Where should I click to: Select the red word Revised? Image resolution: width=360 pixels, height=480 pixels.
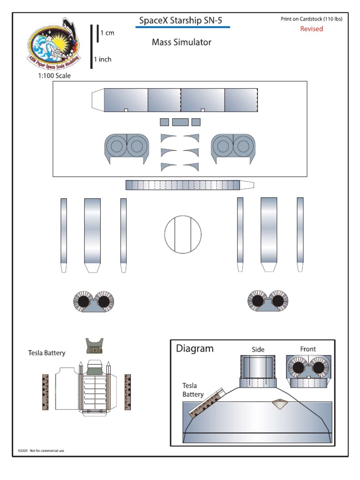tap(311, 29)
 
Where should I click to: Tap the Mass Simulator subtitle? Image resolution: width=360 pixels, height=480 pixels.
tap(181, 42)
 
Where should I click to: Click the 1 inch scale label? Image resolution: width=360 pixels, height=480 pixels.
tap(103, 60)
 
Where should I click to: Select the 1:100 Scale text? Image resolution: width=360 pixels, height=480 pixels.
tap(54, 75)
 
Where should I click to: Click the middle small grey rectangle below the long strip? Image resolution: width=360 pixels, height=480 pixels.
tap(180, 122)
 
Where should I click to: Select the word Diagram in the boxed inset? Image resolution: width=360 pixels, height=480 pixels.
tap(195, 348)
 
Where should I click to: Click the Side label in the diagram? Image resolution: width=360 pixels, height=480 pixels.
tap(258, 349)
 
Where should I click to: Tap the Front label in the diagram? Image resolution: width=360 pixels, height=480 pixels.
tap(308, 349)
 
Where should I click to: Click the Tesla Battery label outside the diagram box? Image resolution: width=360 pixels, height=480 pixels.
tap(46, 353)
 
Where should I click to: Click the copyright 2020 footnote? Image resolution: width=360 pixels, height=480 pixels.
tap(41, 450)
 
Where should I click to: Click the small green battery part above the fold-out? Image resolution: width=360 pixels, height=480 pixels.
tap(95, 346)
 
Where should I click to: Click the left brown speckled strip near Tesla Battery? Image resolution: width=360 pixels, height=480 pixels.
tap(45, 392)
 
